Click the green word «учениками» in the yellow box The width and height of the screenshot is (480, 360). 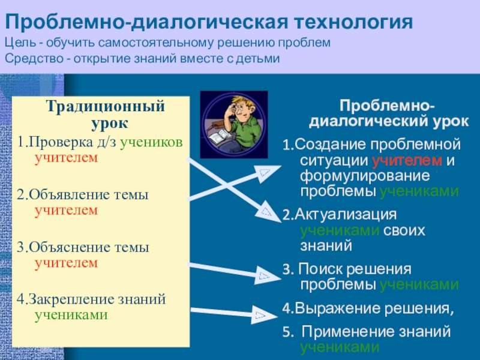pos(71,314)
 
